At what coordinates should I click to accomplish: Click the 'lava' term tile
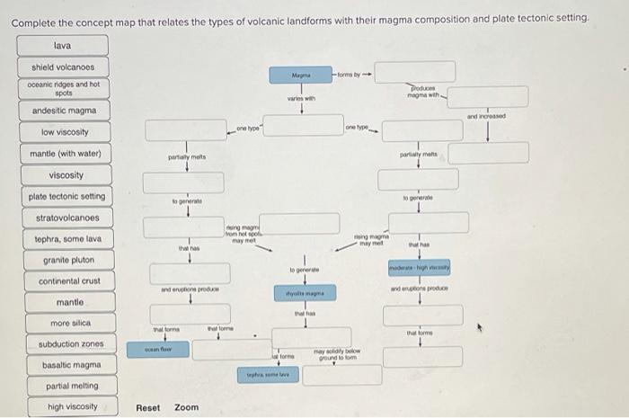62,45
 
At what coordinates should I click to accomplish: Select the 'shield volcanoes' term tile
62,67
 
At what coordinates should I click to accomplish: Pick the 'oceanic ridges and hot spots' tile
62,88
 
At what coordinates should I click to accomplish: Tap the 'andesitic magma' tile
62,111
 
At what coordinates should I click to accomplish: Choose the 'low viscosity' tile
62,132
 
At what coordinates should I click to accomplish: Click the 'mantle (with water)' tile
62,154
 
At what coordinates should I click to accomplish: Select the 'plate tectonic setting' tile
62,196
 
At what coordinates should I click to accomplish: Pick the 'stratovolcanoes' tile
62,218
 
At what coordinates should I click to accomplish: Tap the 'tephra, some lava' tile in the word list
62,239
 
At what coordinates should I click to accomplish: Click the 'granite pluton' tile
62,261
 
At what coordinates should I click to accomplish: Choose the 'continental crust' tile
62,281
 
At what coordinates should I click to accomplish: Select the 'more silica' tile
62,324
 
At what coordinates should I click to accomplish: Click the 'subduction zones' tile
62,344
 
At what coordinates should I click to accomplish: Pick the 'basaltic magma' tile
62,366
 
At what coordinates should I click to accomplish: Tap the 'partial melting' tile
62,387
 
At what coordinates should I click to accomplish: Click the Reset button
148,407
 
